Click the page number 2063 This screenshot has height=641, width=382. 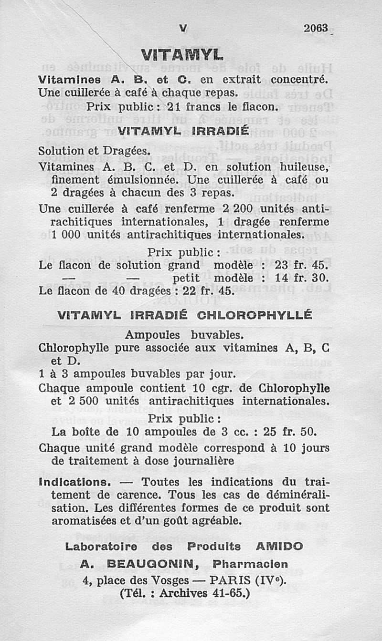(316, 28)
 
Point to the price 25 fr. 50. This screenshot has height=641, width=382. (290, 432)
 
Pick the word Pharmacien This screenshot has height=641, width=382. (250, 564)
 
